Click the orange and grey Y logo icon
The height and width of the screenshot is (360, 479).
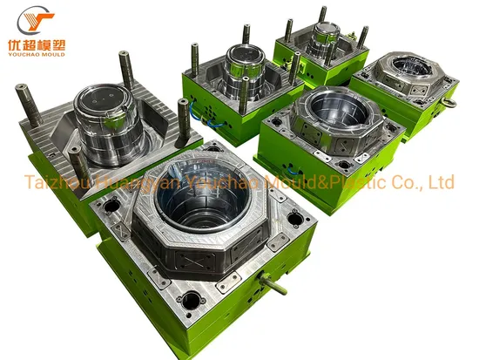tap(26, 19)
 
